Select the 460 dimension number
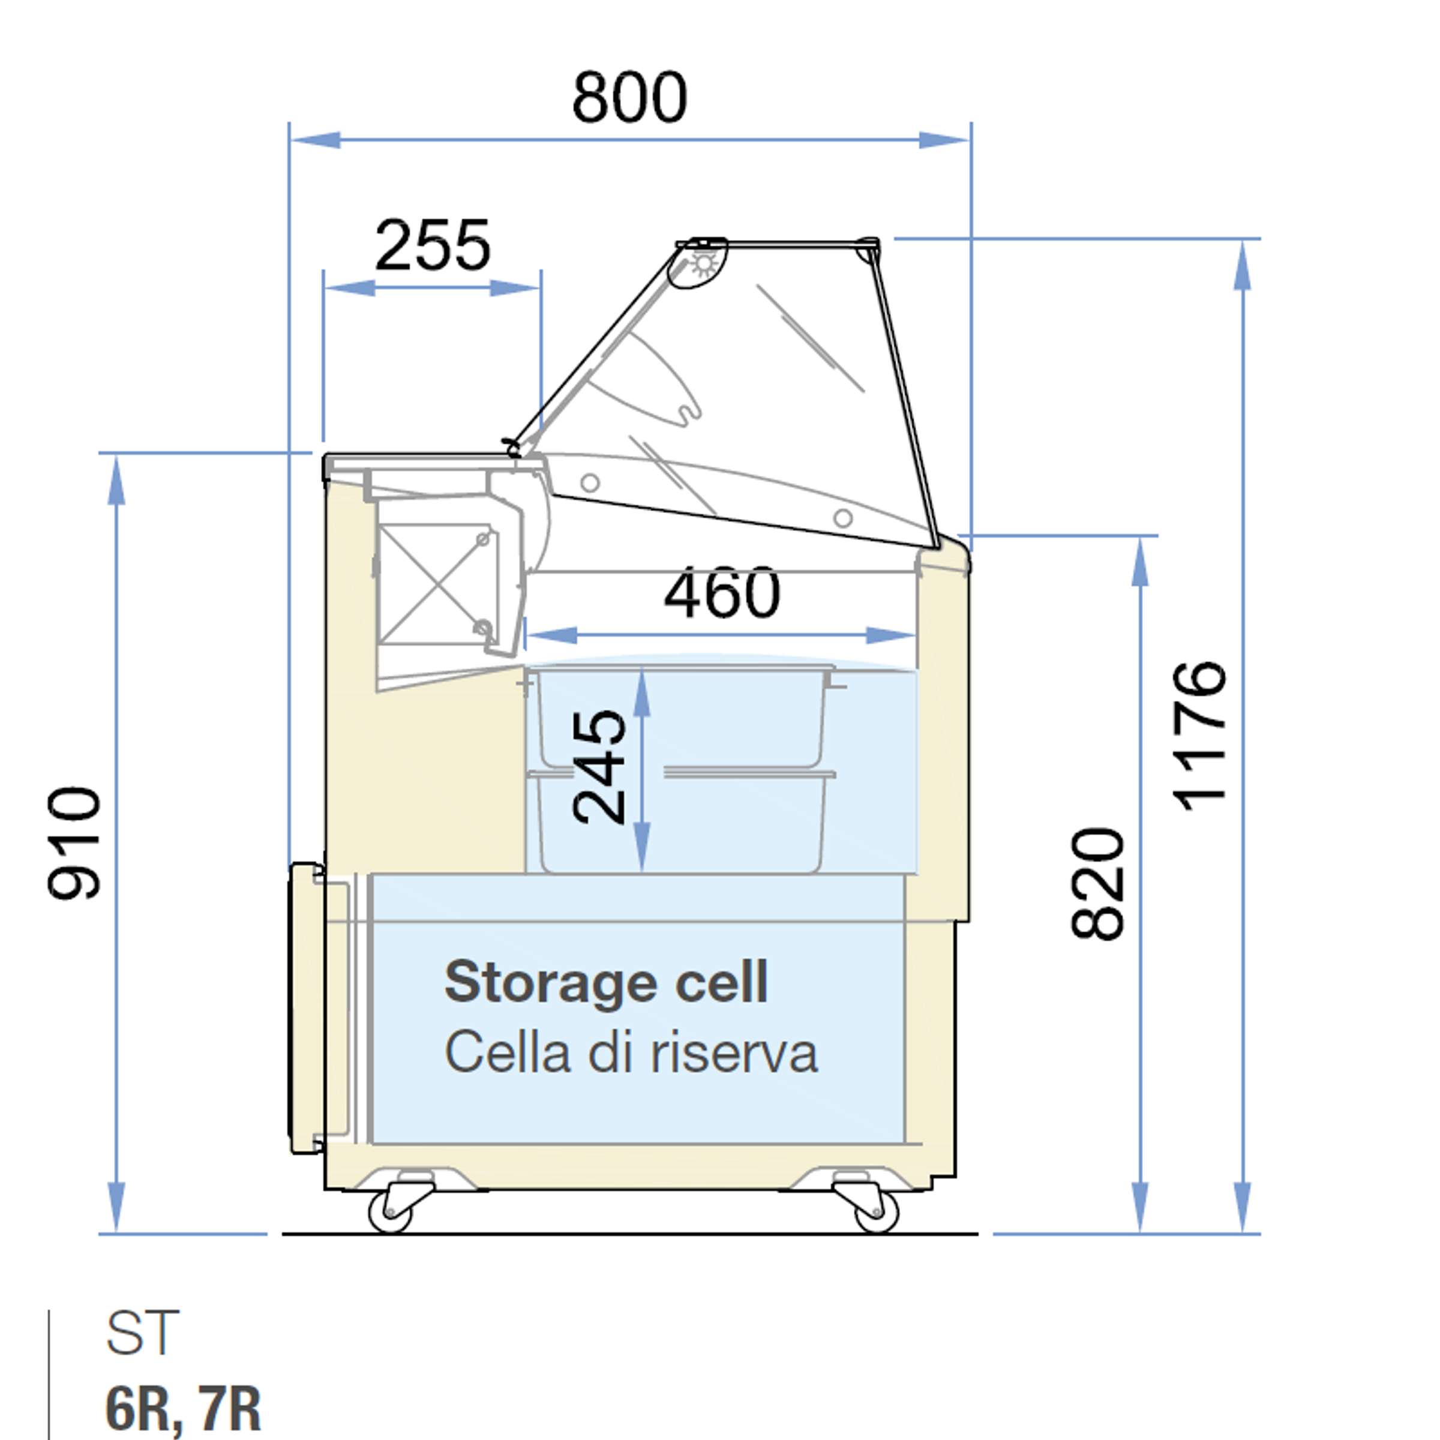pyautogui.click(x=722, y=593)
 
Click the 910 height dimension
pyautogui.click(x=74, y=843)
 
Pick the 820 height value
pyautogui.click(x=1096, y=883)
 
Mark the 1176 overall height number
pyautogui.click(x=1199, y=736)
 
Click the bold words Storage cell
pyautogui.click(x=606, y=982)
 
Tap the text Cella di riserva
pyautogui.click(x=631, y=1052)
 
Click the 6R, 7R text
pyautogui.click(x=184, y=1408)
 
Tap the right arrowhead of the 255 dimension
pyautogui.click(x=514, y=288)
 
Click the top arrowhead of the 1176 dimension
pyautogui.click(x=1242, y=265)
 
